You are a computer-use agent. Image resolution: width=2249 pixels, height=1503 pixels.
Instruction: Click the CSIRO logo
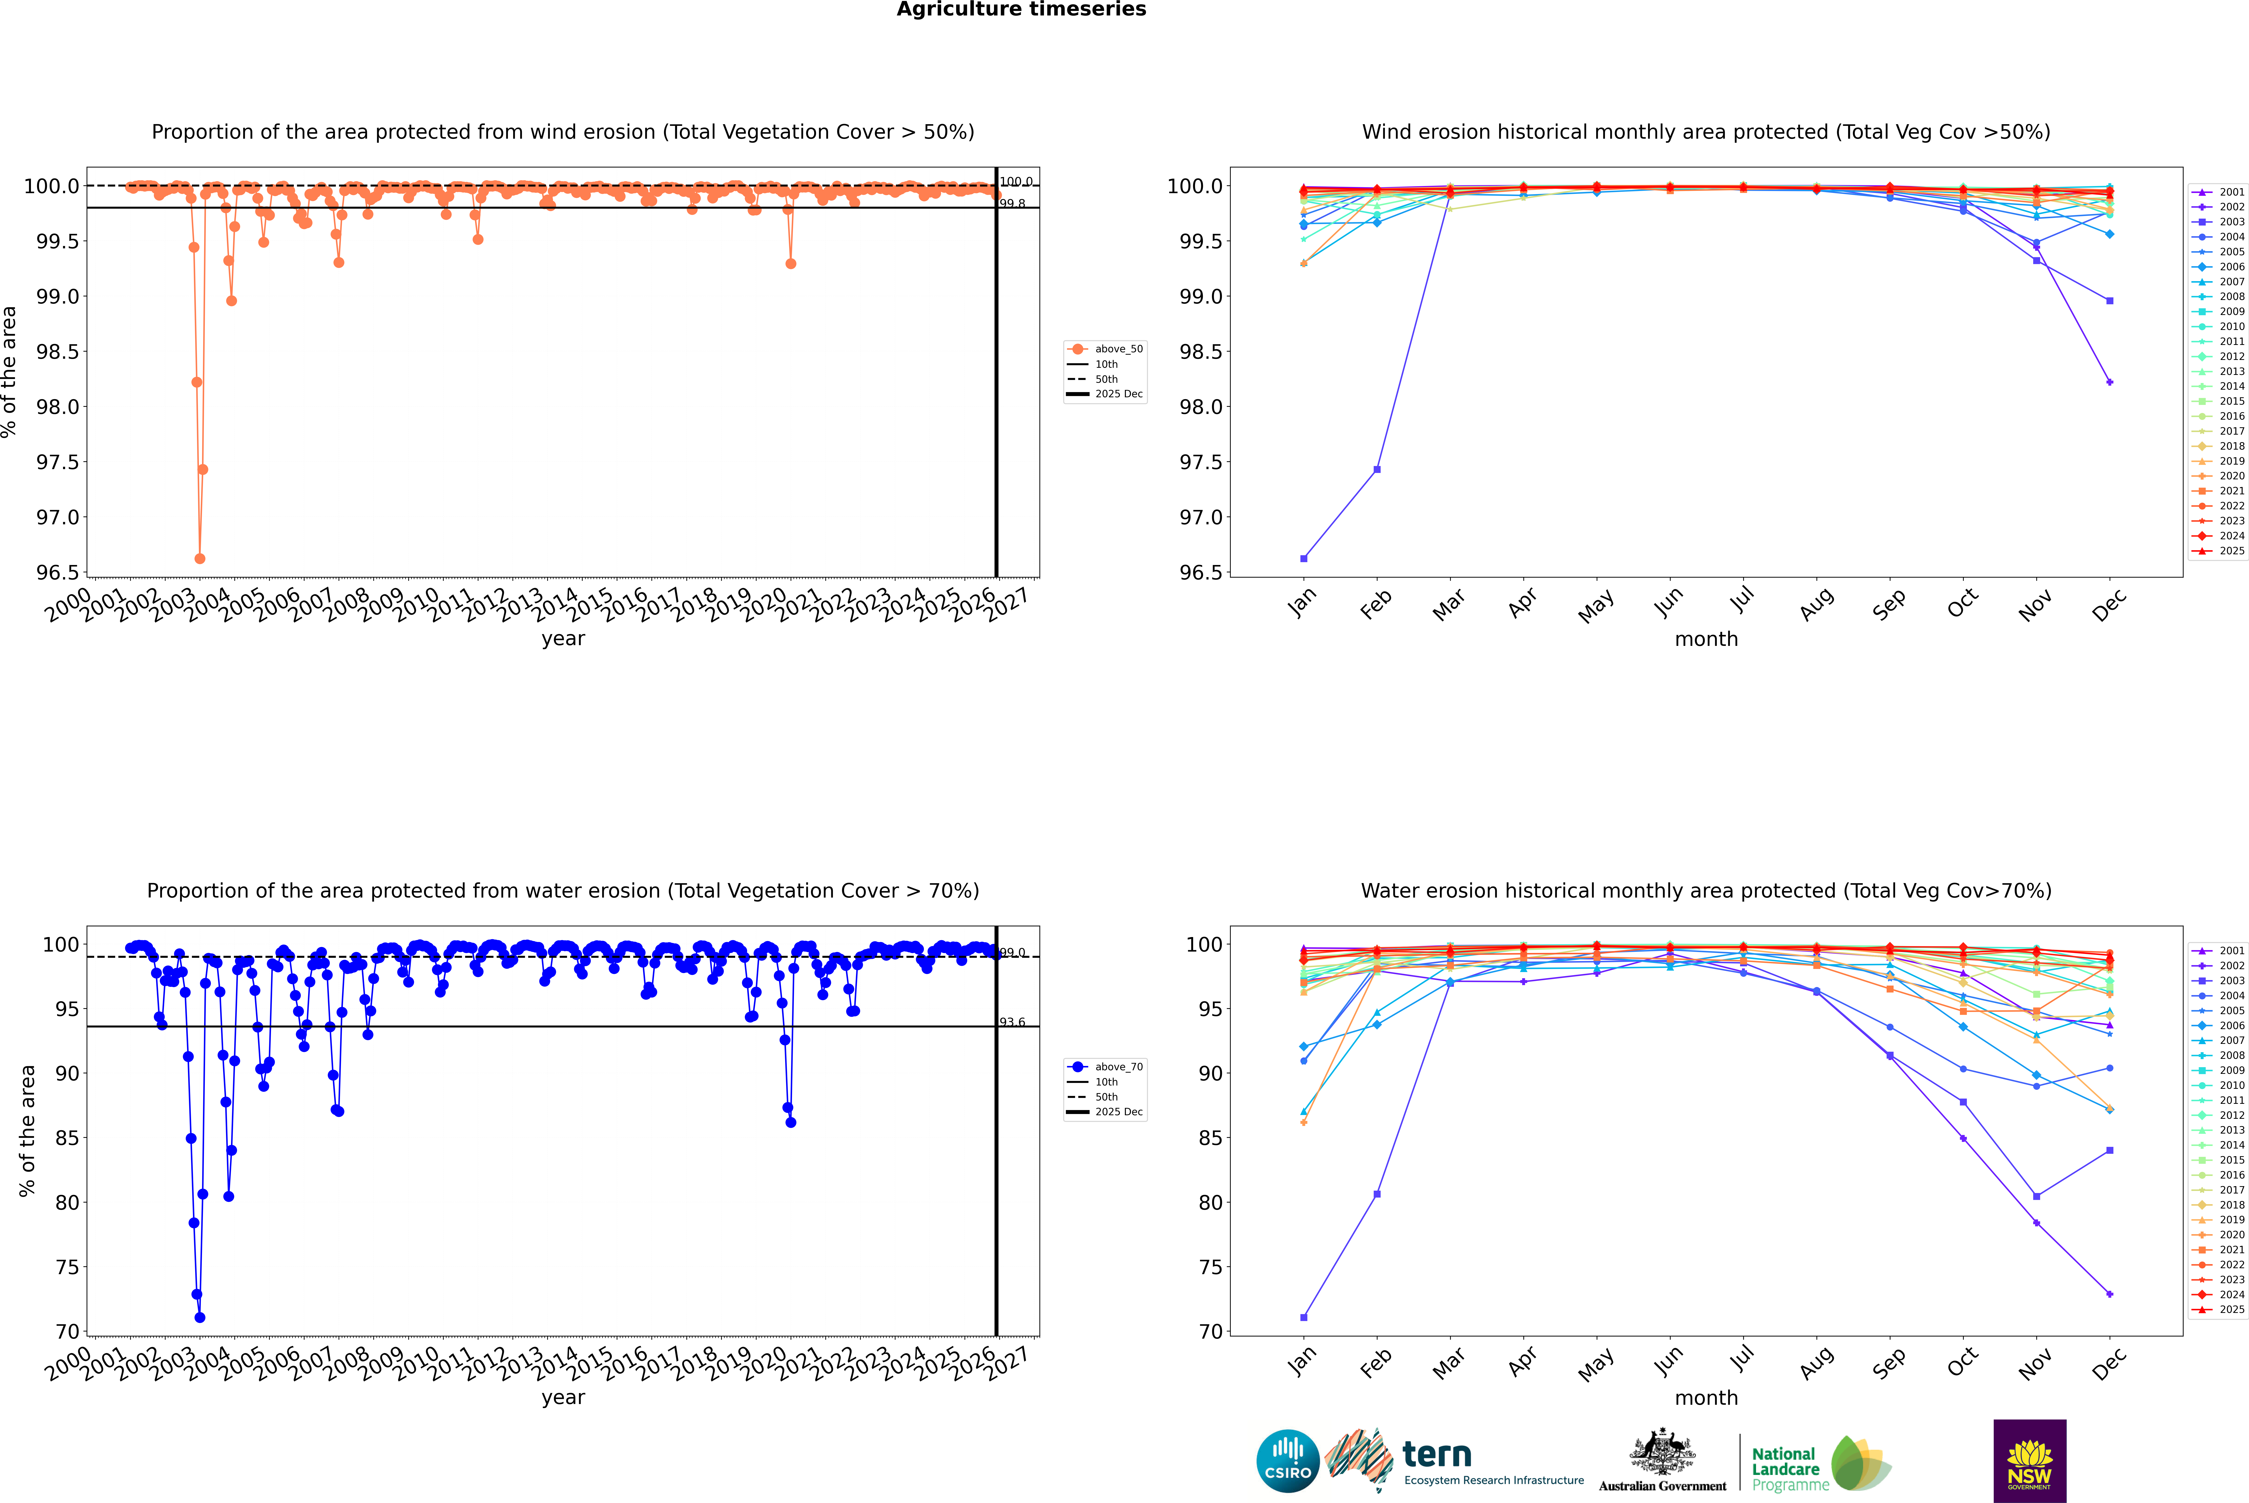[x=1288, y=1461]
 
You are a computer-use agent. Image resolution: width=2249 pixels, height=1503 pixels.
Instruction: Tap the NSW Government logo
[x=2029, y=1461]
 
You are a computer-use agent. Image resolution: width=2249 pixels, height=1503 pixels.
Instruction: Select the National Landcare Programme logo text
[x=1785, y=1469]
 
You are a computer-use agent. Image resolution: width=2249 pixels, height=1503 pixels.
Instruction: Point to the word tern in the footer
[x=1436, y=1454]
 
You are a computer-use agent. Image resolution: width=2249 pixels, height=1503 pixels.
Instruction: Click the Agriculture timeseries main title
[x=1021, y=10]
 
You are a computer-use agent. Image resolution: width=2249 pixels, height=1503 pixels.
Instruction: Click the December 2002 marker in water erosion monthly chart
[x=2109, y=1294]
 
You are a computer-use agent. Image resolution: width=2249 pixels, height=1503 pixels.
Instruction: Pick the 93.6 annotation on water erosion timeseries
[x=1012, y=1022]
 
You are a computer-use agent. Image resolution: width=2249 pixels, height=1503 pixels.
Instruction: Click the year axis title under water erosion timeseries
[x=563, y=1398]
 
